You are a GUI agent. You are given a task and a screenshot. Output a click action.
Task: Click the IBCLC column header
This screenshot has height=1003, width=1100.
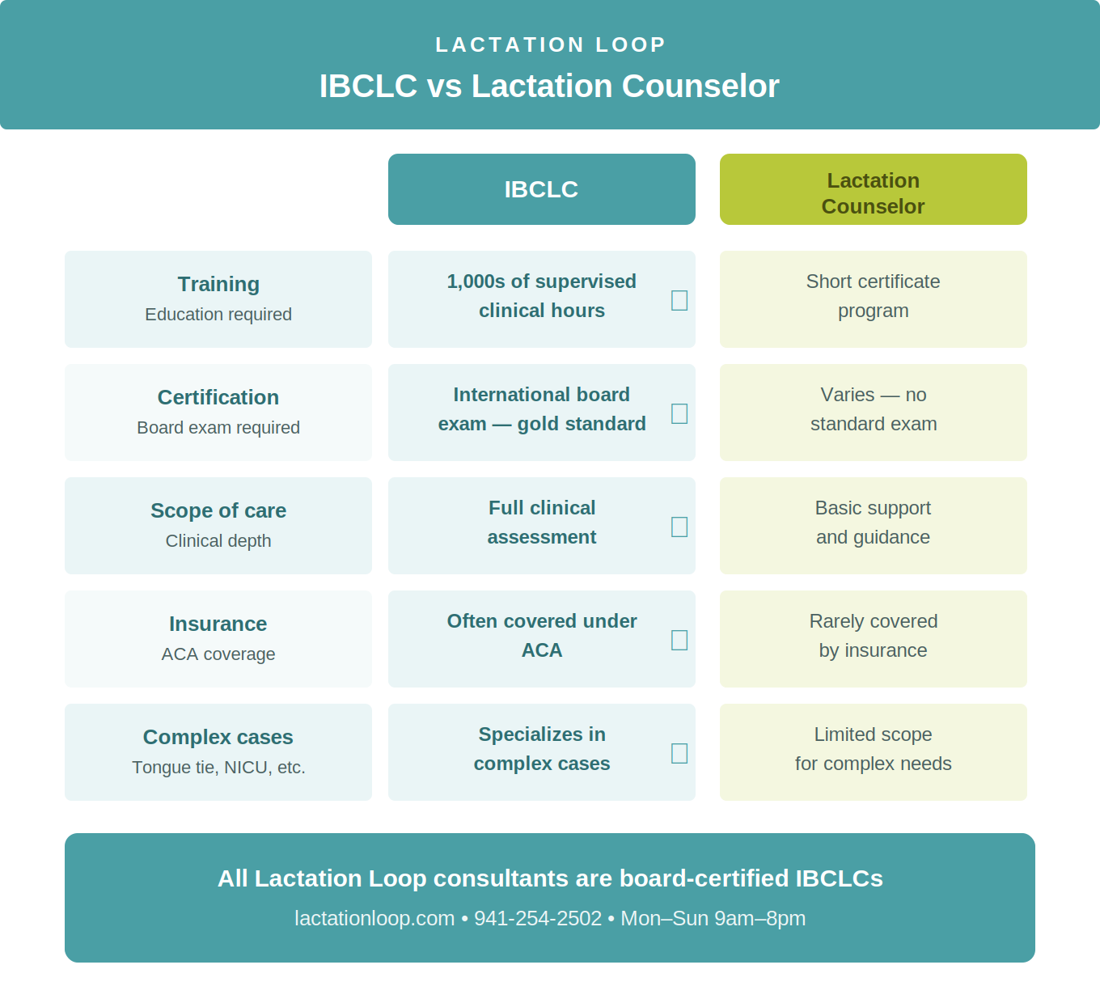541,189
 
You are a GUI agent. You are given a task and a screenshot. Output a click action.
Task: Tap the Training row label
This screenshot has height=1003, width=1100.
218,285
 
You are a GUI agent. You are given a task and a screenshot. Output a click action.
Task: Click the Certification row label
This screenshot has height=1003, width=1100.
218,398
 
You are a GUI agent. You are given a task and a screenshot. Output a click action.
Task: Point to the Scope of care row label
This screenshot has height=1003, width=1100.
218,511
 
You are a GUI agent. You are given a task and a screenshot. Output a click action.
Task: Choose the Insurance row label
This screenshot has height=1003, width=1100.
218,624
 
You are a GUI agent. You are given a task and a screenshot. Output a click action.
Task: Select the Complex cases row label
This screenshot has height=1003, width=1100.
218,738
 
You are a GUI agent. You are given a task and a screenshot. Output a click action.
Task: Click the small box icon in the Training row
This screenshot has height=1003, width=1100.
679,300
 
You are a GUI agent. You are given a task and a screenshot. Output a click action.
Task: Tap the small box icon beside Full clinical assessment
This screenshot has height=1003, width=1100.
679,527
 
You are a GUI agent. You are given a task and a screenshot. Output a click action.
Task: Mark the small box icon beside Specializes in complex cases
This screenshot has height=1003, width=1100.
679,753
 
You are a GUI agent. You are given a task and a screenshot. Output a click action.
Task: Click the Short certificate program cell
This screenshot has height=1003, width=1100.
873,296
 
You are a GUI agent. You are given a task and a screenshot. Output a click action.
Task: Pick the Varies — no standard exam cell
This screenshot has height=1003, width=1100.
873,409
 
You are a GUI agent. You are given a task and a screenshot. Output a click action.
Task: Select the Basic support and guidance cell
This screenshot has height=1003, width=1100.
873,523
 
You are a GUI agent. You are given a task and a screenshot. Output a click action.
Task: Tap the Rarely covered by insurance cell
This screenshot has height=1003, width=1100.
873,636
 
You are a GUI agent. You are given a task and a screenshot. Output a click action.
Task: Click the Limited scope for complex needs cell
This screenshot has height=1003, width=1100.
873,749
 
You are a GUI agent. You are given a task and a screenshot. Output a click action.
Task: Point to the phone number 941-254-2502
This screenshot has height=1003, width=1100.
538,919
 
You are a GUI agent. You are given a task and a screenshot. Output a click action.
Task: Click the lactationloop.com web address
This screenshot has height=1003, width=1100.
374,919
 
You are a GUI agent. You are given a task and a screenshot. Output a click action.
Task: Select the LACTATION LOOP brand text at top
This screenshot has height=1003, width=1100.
550,44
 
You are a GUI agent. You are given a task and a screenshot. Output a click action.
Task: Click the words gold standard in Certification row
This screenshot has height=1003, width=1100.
582,424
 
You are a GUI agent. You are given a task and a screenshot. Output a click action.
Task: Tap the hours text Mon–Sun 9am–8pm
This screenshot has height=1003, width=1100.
713,919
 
